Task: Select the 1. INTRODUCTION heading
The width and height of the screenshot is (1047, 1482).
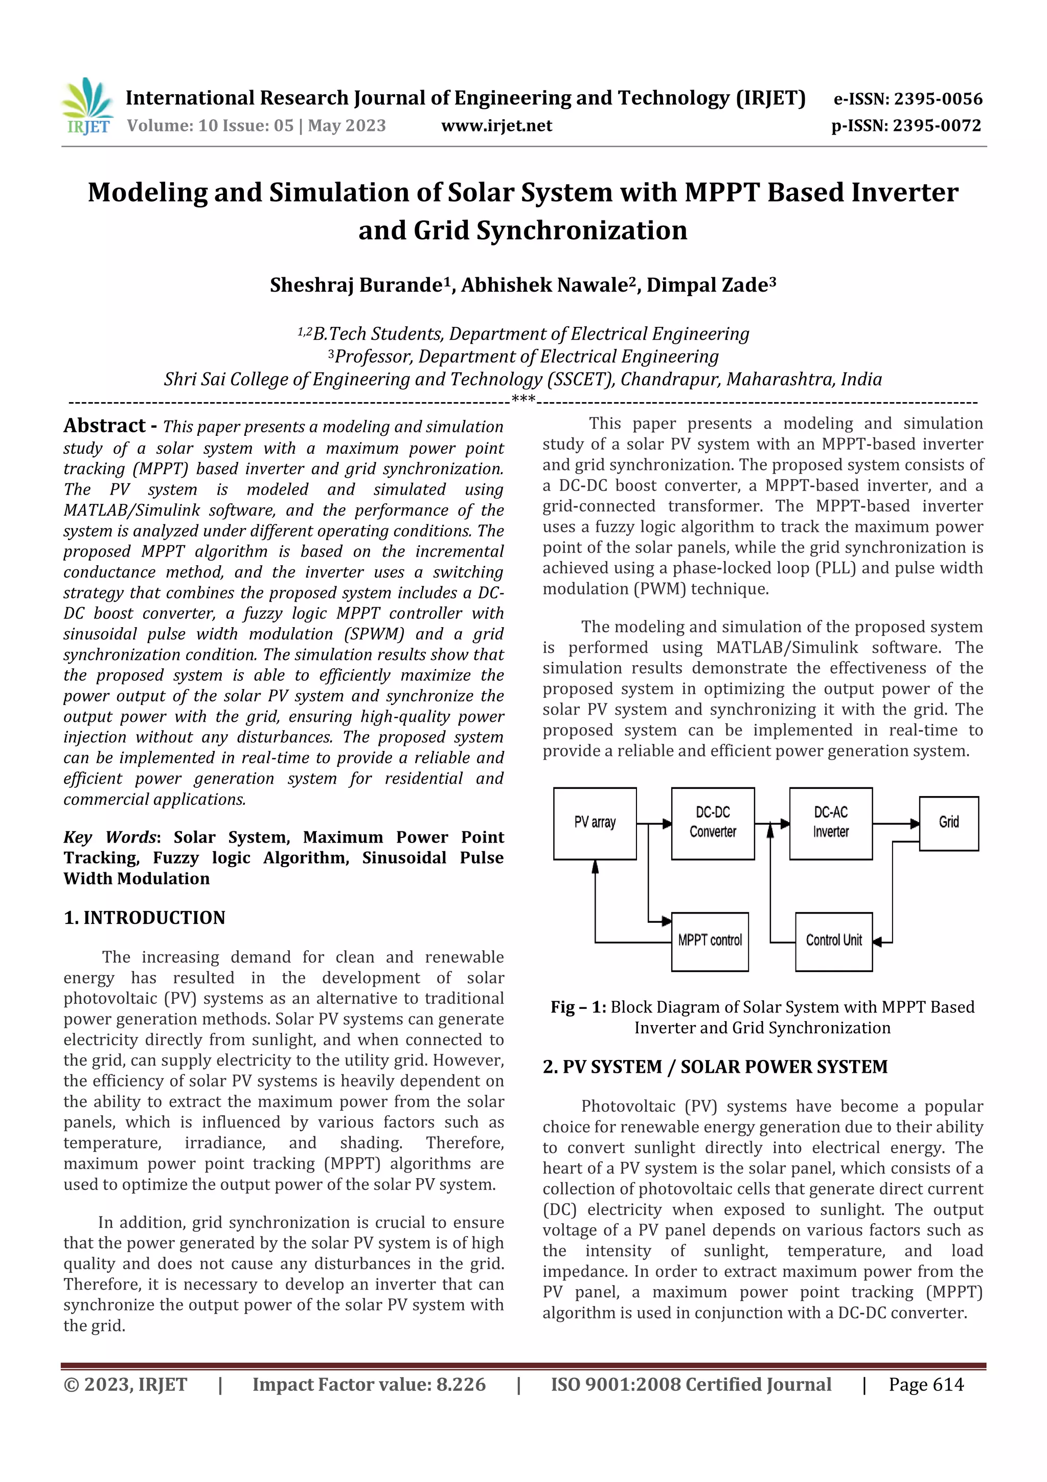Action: pyautogui.click(x=145, y=917)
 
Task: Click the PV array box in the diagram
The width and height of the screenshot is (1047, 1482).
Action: pyautogui.click(x=595, y=823)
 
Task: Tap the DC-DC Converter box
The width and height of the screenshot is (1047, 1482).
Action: pyautogui.click(x=712, y=823)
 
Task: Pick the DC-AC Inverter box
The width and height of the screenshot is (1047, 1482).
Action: pyautogui.click(x=830, y=823)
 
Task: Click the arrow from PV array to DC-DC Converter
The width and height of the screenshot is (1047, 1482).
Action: pyautogui.click(x=654, y=823)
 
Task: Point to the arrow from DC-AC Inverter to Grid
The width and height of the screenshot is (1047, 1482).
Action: pyautogui.click(x=895, y=823)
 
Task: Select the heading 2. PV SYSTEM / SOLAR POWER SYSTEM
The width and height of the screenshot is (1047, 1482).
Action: pyautogui.click(x=715, y=1066)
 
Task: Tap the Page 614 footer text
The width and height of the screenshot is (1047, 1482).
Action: pyautogui.click(x=926, y=1384)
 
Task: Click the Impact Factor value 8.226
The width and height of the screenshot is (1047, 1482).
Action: pyautogui.click(x=461, y=1384)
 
